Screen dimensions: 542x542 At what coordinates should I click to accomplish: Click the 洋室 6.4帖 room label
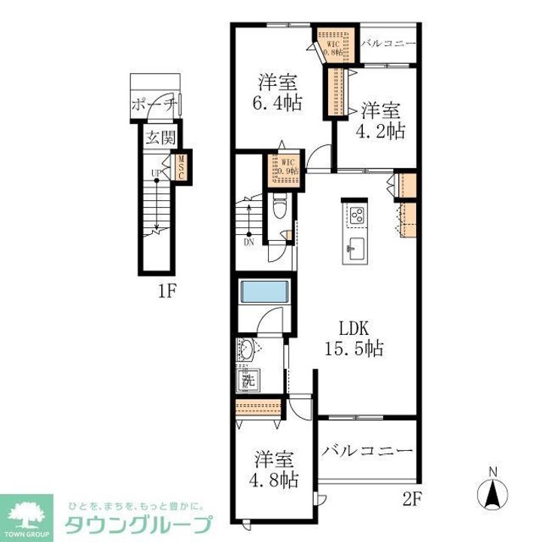click(276, 92)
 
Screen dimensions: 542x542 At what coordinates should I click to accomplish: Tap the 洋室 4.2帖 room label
click(382, 119)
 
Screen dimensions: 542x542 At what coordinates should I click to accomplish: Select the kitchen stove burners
click(356, 215)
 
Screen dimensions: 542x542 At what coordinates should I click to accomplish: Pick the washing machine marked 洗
click(248, 381)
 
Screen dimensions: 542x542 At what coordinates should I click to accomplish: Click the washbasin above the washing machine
click(248, 349)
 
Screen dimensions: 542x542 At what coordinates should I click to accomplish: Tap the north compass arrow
click(492, 493)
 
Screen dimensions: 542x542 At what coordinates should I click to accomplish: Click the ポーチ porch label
click(154, 104)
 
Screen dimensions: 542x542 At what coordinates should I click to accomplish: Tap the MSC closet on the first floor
click(181, 166)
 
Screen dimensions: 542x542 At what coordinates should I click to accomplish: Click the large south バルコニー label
click(368, 451)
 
